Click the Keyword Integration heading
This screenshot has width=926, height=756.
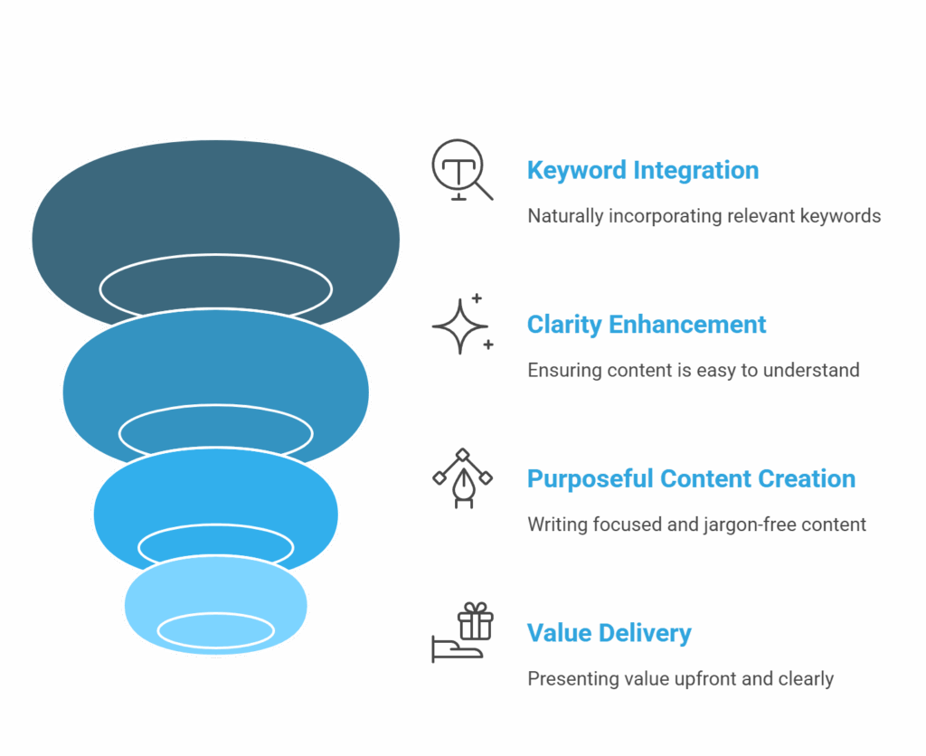642,170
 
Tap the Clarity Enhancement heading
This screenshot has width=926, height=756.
647,325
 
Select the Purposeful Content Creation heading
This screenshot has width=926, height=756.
691,478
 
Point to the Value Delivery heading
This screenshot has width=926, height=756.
609,633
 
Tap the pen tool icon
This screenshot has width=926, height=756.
462,478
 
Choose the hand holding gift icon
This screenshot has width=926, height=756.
459,632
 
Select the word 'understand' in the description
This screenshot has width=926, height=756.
816,371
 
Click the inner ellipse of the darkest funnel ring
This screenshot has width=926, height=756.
215,288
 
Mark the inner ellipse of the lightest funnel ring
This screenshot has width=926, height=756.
215,629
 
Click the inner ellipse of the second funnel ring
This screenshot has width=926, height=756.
215,432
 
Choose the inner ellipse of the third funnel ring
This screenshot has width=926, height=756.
215,545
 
